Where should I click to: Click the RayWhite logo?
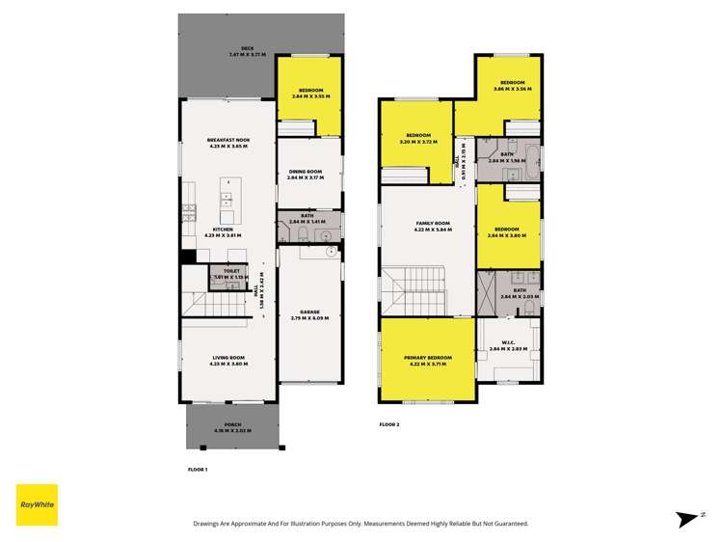click(37, 504)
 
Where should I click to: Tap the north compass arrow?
click(688, 518)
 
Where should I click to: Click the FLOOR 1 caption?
click(198, 469)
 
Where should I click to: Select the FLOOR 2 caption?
click(389, 424)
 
